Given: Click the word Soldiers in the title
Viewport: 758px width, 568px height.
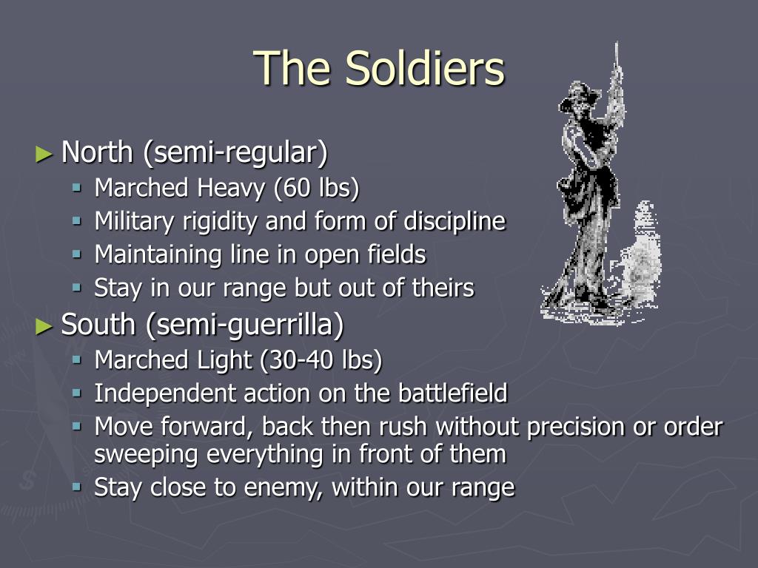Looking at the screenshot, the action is tap(425, 68).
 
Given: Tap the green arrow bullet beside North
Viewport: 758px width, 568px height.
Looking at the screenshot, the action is tap(44, 155).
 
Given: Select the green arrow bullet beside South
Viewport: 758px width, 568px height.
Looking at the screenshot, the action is tap(44, 326).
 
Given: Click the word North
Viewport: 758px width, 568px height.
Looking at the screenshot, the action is tap(97, 152).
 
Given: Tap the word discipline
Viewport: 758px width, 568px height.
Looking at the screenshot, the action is tap(455, 222).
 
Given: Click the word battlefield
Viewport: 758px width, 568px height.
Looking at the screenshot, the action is tap(452, 393).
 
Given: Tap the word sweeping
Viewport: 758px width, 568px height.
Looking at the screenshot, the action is tap(146, 455).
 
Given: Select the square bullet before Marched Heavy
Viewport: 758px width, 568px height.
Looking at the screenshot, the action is tap(77, 188).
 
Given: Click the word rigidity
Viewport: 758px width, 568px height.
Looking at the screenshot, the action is tap(219, 222).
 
